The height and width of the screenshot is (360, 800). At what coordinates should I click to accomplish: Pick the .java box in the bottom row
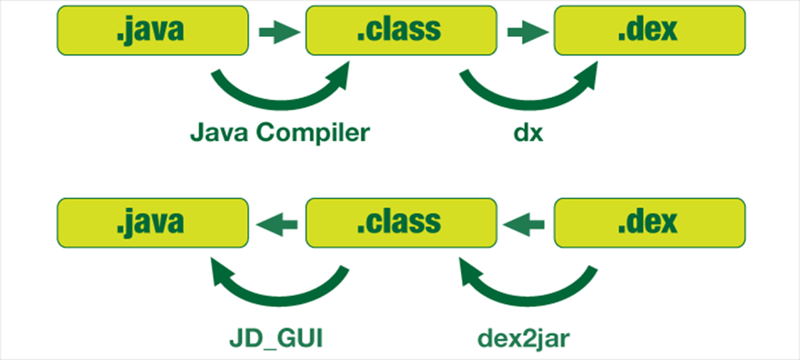click(153, 222)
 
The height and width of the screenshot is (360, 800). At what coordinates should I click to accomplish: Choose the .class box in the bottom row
click(401, 222)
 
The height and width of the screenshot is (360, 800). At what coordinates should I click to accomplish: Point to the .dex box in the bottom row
click(649, 222)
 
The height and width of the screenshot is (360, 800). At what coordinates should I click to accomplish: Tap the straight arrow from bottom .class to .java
click(277, 224)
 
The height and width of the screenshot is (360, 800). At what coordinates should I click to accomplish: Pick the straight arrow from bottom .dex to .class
click(526, 224)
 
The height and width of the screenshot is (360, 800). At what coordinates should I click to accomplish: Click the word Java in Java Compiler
click(217, 133)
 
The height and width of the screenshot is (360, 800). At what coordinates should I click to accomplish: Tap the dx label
click(527, 133)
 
